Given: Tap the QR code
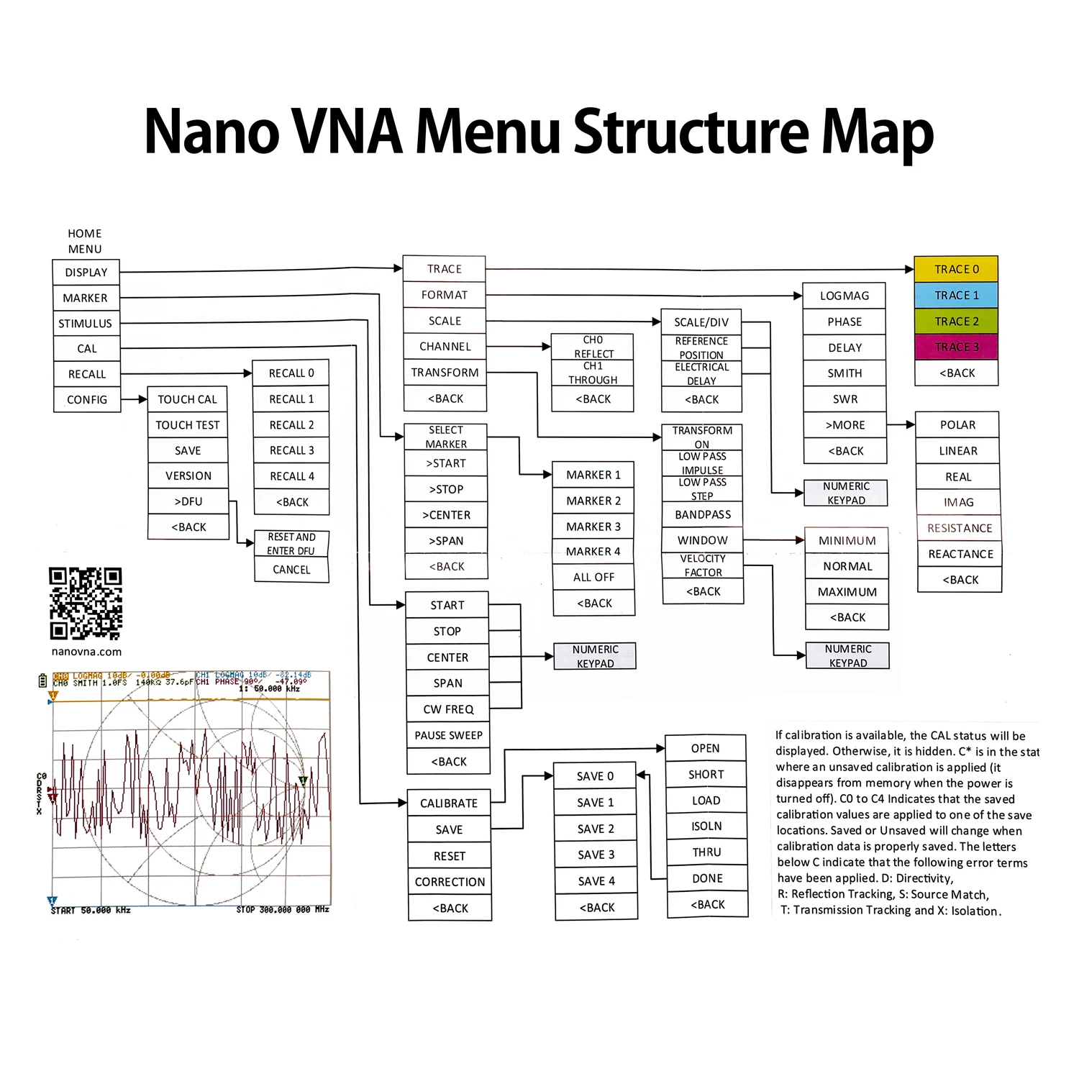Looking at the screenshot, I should [x=86, y=604].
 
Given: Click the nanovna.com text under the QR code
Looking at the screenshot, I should [x=86, y=652].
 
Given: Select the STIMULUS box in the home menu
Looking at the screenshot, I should [x=86, y=324].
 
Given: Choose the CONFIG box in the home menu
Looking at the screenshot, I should [x=87, y=400].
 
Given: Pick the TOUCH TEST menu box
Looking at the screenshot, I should [x=188, y=425].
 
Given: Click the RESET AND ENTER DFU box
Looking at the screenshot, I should [x=291, y=544].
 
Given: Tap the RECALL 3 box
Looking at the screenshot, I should [x=291, y=450].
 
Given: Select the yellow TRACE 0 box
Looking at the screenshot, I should [x=956, y=269].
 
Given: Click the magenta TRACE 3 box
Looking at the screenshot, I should [x=956, y=347].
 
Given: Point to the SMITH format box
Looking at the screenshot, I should [x=844, y=373].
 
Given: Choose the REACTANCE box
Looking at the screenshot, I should [x=960, y=554].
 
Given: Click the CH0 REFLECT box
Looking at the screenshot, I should [x=593, y=347].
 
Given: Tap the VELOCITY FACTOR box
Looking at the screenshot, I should [x=703, y=565].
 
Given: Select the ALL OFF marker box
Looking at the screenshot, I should [x=593, y=577].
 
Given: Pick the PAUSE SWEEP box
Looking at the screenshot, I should [x=448, y=735].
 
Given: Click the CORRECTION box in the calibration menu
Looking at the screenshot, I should [x=450, y=882].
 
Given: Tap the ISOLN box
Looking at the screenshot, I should [x=706, y=827].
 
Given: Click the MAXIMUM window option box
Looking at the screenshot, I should [x=847, y=592].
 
